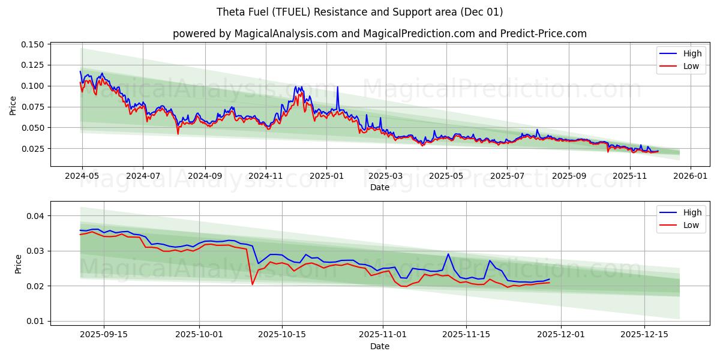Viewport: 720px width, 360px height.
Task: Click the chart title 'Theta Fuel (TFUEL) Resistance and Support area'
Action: point(360,12)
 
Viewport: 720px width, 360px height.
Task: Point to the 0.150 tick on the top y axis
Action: point(32,44)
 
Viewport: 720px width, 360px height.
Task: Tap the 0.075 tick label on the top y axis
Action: point(32,107)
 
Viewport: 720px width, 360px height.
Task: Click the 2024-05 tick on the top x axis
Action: point(82,176)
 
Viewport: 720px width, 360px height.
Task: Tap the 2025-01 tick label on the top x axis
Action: point(326,176)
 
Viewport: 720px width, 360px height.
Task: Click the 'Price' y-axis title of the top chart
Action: point(13,106)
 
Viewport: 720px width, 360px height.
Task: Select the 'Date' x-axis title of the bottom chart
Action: point(379,346)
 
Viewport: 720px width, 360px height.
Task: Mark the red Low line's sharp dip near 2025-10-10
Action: point(252,284)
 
